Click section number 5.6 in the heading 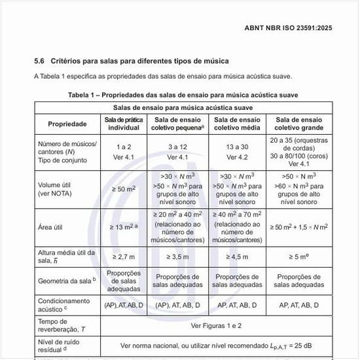point(39,61)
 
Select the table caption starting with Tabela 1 point(183,95)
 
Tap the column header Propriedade point(67,124)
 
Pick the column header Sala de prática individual point(124,124)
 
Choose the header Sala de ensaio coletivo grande point(299,124)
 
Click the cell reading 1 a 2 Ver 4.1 point(124,152)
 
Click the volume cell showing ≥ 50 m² point(124,189)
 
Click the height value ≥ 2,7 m point(124,257)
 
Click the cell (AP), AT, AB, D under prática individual point(124,304)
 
